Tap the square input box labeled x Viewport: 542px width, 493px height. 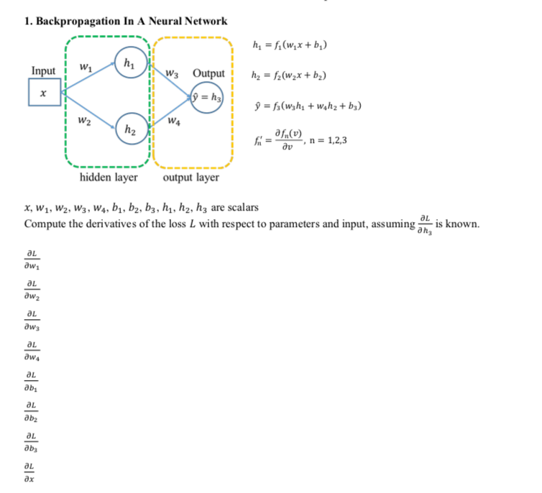click(44, 93)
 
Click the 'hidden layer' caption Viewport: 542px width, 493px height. click(109, 177)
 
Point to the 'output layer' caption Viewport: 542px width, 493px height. click(191, 177)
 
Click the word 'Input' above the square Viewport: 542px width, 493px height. click(44, 71)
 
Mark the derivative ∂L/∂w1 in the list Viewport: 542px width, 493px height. click(32, 259)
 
